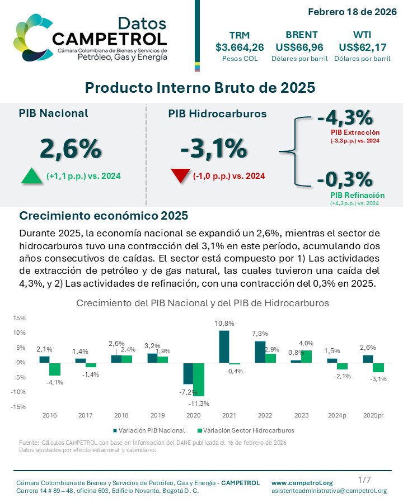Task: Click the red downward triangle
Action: pos(180,176)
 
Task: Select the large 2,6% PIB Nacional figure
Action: pos(70,149)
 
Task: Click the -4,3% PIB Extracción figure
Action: pos(344,118)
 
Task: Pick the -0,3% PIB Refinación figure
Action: pos(344,179)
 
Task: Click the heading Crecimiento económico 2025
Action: pos(104,216)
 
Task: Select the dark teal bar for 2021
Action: pos(224,347)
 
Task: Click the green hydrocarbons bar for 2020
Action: pos(199,379)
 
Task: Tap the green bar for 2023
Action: pos(306,356)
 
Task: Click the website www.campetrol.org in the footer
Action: pos(302,483)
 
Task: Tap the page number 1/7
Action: pos(364,480)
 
